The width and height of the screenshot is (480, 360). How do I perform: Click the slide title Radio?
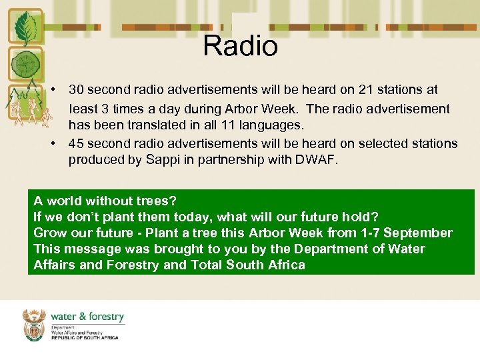[x=240, y=46]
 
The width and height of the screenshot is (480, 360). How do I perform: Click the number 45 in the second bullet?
[x=77, y=143]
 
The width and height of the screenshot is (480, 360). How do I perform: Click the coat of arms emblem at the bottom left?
[x=34, y=325]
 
